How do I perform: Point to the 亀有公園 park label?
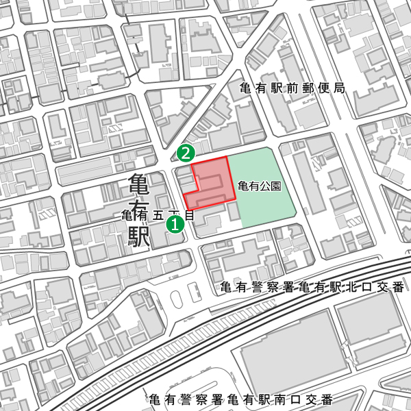[x=259, y=186]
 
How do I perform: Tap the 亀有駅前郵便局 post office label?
[x=292, y=88]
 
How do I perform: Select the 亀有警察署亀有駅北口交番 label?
[x=313, y=287]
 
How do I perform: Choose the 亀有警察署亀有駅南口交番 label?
[x=240, y=399]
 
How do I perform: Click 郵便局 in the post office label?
[x=325, y=88]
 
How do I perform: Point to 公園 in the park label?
[x=271, y=186]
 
